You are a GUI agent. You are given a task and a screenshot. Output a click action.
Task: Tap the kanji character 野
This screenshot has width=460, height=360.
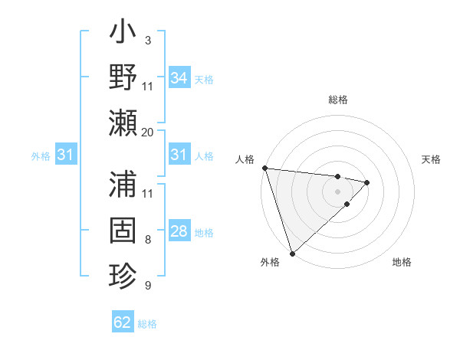point(123,79)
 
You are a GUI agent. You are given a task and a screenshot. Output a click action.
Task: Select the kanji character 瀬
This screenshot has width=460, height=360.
point(123,123)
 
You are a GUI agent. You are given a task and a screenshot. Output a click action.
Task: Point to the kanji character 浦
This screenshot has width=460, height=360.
point(123,186)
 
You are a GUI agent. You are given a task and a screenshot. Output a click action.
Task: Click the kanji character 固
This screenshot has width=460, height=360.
point(123,231)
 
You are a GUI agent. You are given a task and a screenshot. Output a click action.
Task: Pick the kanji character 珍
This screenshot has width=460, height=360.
point(123,276)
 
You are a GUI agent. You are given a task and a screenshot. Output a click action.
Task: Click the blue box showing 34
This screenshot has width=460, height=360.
point(179,78)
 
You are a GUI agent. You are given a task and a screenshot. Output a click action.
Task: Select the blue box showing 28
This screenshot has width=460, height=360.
point(179,231)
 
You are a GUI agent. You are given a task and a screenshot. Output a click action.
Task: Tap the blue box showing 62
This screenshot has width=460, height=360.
point(123,322)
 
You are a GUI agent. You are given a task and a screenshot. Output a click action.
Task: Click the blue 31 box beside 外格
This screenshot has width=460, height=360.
point(66,155)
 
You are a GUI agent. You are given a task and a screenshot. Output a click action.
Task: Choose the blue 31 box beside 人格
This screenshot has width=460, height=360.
point(179,155)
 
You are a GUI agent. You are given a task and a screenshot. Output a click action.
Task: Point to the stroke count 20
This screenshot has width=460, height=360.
point(147,132)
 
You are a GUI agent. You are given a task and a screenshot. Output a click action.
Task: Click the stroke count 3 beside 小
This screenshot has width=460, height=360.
point(147,39)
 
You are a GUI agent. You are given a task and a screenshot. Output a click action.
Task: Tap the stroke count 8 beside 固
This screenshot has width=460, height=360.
point(147,241)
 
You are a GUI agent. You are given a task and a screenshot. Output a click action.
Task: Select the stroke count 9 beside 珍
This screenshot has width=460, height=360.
point(147,286)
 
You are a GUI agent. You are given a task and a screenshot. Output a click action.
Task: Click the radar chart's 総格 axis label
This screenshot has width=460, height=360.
point(338,100)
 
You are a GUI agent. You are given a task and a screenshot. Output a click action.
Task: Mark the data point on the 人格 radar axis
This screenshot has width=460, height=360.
point(264,168)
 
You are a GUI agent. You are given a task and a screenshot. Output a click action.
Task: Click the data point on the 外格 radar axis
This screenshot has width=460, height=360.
point(292,252)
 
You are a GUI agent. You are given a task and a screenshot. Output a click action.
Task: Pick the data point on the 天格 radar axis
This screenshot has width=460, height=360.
point(367,182)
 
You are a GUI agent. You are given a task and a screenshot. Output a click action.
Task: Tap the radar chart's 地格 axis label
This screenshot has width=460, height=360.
point(402,262)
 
